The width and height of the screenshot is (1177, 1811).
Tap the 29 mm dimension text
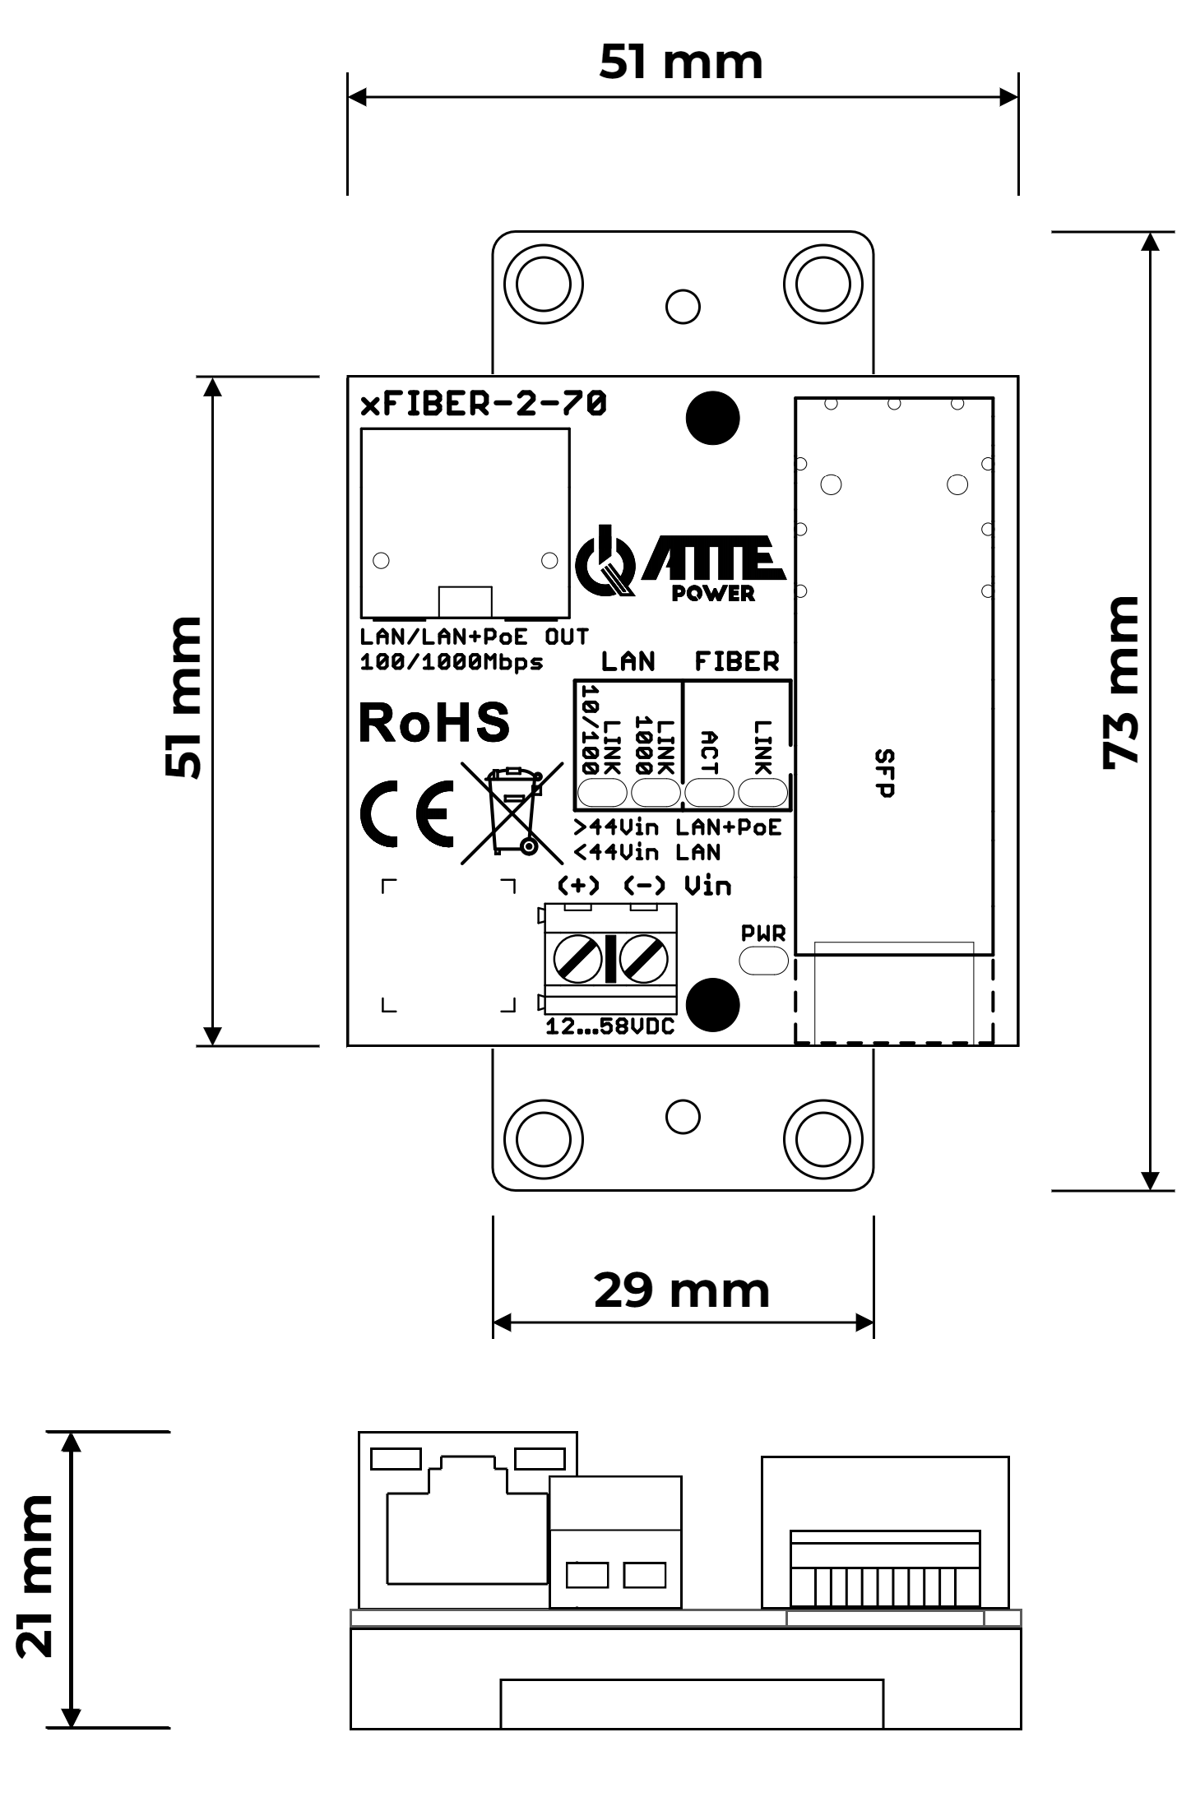681,1290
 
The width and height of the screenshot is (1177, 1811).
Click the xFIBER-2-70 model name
484,404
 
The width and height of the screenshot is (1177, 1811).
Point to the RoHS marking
434,723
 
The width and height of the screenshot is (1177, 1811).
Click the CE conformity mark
407,813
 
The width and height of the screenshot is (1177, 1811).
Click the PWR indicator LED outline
763,961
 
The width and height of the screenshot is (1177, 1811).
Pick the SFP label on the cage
884,773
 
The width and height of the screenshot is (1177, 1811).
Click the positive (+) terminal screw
577,958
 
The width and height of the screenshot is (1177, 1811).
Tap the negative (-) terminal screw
643,958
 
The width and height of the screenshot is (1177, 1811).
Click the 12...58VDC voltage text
609,1026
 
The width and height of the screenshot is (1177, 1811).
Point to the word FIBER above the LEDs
736,661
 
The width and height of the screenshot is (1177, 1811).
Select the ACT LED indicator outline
709,793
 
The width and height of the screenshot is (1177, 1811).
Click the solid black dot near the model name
712,418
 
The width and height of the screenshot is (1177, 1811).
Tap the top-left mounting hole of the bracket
543,285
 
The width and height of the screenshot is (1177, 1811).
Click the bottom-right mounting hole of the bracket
823,1139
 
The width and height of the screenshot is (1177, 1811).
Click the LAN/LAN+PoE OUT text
475,637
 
